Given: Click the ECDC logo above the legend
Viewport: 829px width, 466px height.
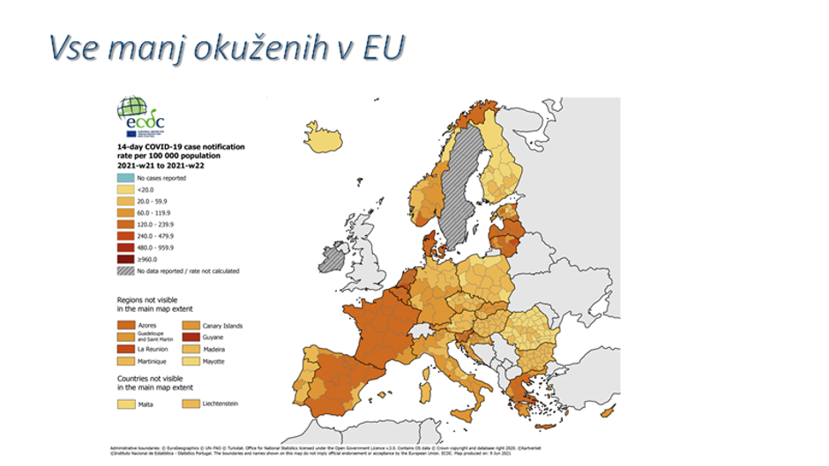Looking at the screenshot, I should (140, 116).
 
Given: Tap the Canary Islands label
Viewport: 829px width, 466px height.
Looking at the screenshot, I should (221, 325).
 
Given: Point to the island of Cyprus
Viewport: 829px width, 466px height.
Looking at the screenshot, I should (607, 411).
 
